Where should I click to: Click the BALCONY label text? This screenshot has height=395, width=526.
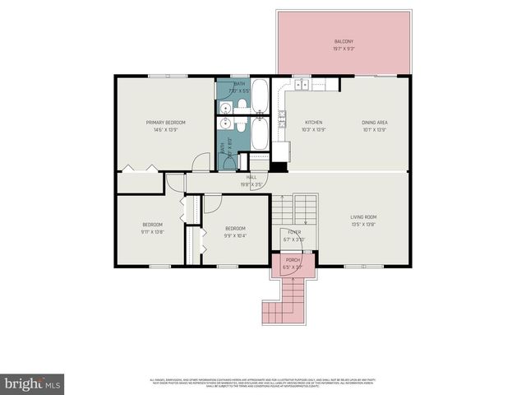tap(344, 41)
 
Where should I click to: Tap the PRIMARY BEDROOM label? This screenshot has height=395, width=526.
tap(165, 122)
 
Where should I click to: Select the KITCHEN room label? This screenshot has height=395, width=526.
tap(314, 122)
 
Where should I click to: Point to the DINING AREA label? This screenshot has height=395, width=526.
tap(374, 122)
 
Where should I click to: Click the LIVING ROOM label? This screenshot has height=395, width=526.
tap(362, 217)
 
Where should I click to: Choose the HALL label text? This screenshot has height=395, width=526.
tap(251, 177)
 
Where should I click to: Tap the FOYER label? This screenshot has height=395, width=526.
tap(293, 233)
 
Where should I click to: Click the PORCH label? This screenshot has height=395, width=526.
tap(293, 261)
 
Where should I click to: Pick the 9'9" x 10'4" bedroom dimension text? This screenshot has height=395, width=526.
tap(234, 236)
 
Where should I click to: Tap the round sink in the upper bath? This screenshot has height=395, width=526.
tap(225, 107)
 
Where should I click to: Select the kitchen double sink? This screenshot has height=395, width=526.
tap(301, 84)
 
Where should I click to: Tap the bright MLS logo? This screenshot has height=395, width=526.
tap(33, 383)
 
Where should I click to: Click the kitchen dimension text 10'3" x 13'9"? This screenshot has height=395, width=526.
tap(314, 129)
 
